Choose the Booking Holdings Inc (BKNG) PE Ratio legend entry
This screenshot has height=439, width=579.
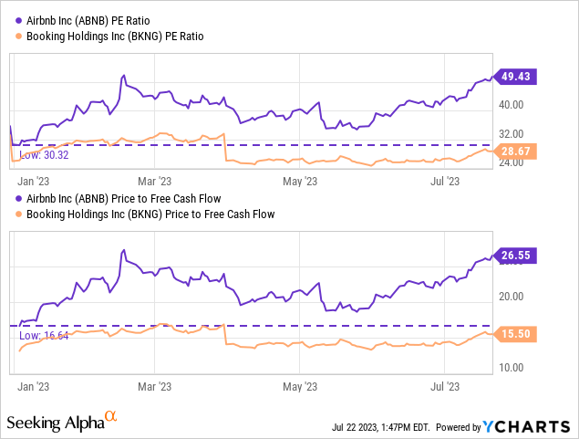point(124,36)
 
